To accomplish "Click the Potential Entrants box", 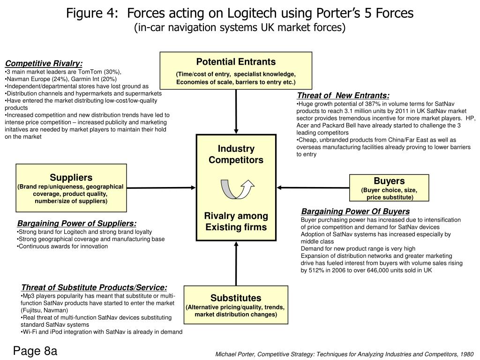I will tap(236, 70).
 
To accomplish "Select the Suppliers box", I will tap(71, 187).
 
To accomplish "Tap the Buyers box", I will tap(389, 187).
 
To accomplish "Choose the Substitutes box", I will tap(236, 304).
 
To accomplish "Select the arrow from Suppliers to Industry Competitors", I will tap(161, 187).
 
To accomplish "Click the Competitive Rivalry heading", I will tap(44, 64).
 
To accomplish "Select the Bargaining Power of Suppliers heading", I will tap(77, 224).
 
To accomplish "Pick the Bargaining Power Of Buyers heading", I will tap(355, 211).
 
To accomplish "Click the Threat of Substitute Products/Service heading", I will tap(94, 287).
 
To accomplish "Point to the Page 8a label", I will tap(35, 351).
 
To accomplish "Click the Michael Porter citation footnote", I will tap(344, 354).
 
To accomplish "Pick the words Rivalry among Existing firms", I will tap(236, 222).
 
